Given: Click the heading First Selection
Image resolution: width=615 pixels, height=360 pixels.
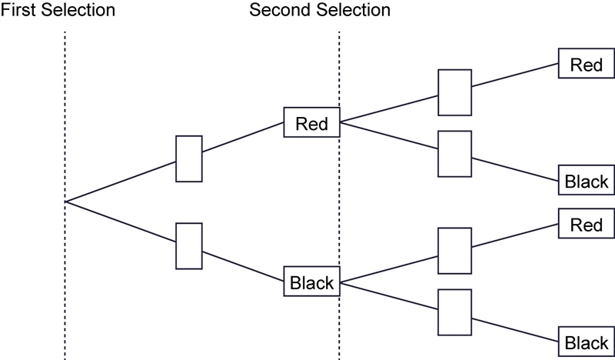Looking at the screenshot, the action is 58,9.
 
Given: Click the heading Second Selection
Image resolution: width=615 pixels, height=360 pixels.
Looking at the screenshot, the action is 320,9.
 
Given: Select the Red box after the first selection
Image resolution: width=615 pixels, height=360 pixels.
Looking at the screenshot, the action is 312,122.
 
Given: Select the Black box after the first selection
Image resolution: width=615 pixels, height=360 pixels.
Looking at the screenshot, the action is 312,282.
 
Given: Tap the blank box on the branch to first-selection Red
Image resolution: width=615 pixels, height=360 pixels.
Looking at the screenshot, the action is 189,158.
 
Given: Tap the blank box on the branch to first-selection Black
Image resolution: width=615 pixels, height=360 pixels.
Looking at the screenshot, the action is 189,246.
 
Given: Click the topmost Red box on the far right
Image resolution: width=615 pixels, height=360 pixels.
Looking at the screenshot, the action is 587,63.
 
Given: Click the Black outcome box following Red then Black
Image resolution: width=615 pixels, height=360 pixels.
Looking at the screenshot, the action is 587,180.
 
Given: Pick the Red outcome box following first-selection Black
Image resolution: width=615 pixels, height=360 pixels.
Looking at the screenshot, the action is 587,223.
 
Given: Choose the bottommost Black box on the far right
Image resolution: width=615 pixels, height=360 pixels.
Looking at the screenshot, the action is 587,342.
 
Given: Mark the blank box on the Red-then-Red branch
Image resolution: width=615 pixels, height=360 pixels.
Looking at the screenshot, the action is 454,92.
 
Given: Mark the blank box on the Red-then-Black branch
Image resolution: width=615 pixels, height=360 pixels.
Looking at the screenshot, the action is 454,154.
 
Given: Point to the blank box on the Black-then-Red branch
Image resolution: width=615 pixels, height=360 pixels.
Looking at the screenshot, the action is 454,251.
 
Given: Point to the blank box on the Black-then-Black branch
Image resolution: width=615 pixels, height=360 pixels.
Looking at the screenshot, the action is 454,312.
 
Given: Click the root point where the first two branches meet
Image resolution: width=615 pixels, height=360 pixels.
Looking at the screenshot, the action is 65,202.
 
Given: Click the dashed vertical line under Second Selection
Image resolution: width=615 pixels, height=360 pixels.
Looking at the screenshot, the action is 339,195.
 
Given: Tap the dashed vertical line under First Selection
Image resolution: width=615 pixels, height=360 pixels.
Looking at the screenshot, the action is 65,195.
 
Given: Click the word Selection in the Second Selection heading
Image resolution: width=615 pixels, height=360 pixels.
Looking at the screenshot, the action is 355,9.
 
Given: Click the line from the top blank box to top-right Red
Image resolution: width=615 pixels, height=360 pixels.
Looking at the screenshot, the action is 515,75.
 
